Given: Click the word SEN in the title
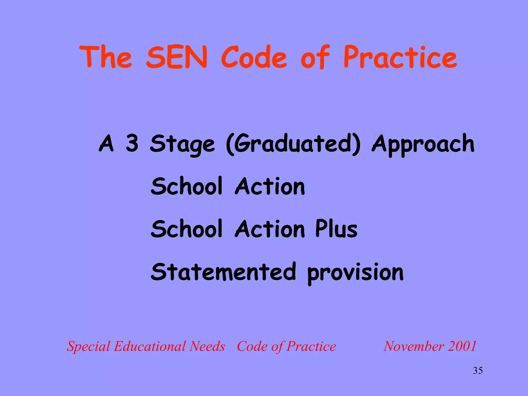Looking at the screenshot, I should pyautogui.click(x=177, y=57).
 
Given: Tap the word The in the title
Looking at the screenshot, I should pyautogui.click(x=106, y=57).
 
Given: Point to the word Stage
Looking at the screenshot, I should pyautogui.click(x=182, y=144).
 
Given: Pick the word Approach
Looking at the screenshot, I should pyautogui.click(x=423, y=144).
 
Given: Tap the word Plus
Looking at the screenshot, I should pyautogui.click(x=336, y=229).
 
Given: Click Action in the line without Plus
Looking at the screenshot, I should pyautogui.click(x=270, y=186).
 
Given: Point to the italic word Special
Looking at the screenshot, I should pyautogui.click(x=89, y=346).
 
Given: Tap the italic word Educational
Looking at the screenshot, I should pyautogui.click(x=151, y=346).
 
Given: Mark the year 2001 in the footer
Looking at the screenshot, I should pyautogui.click(x=462, y=346).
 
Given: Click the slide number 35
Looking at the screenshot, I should pyautogui.click(x=478, y=370).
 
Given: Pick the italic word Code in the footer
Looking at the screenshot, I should pyautogui.click(x=252, y=346).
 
